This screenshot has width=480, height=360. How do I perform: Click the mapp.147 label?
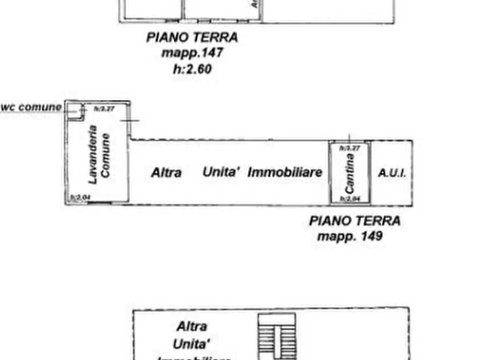coord(192,54)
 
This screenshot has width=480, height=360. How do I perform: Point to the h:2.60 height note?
coord(192,69)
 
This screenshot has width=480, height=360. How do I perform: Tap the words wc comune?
coord(31,107)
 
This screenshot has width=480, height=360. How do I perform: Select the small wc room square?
coord(75,110)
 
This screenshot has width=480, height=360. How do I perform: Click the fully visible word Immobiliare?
coord(285,172)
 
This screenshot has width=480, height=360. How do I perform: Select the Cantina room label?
coord(349,173)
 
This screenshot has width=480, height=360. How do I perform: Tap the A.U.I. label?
coord(392,173)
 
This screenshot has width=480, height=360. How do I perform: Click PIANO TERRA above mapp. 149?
coord(354,221)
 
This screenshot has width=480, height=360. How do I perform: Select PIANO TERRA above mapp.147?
coord(192,38)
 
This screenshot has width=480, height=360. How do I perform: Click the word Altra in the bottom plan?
coord(192,326)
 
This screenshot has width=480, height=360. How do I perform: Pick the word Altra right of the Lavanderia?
coord(166,172)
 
